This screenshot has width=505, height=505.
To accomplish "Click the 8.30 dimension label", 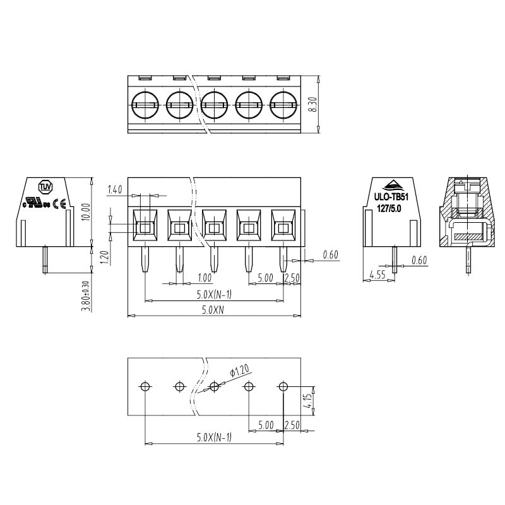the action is click(x=313, y=104).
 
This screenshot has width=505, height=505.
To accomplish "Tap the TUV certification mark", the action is click(x=45, y=187).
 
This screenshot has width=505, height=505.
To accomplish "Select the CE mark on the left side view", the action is click(x=59, y=203).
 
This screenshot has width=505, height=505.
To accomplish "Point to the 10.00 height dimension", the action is click(x=86, y=212).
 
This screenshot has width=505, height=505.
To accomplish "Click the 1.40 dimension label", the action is click(x=115, y=190).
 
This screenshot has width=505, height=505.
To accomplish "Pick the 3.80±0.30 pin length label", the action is click(x=86, y=296).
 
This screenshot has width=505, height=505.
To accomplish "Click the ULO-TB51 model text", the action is click(x=391, y=196).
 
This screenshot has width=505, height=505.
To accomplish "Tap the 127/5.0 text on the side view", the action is click(x=389, y=209).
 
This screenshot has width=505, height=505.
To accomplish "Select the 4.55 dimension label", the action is click(x=377, y=275).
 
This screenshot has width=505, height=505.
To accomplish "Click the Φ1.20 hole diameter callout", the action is click(x=240, y=371).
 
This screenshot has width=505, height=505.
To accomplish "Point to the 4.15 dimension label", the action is click(x=308, y=401).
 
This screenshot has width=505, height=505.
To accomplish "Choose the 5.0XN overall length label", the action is click(x=213, y=310).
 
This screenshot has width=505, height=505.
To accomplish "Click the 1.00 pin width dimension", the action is click(x=205, y=277).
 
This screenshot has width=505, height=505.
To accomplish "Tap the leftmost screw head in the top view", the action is click(x=145, y=105).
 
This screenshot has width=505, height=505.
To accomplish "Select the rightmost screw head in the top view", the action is click(x=283, y=105).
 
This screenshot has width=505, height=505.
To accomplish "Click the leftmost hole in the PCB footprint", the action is click(x=145, y=386).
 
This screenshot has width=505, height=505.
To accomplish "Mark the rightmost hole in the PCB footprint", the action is click(x=283, y=386).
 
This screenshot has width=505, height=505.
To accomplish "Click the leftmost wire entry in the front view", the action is click(x=145, y=225).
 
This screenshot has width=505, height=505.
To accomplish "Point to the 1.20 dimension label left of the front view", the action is click(x=105, y=258).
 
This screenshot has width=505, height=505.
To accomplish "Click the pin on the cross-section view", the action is click(x=468, y=259).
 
